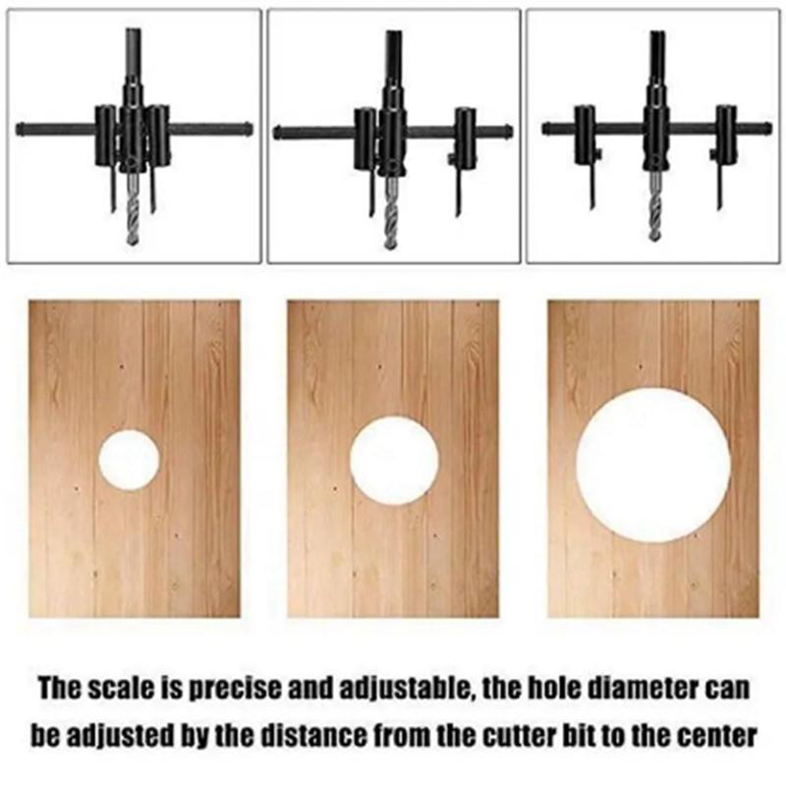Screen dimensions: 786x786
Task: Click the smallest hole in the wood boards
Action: (x=130, y=459)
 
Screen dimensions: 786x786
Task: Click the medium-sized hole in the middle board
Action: (x=394, y=460)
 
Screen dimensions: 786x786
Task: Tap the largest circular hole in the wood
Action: (x=653, y=465)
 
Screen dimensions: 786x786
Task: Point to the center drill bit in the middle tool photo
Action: (x=391, y=213)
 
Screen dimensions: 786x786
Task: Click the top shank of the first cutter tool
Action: (x=133, y=55)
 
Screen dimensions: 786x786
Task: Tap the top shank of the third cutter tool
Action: (x=656, y=57)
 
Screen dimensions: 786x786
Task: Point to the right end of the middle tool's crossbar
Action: (x=508, y=133)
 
